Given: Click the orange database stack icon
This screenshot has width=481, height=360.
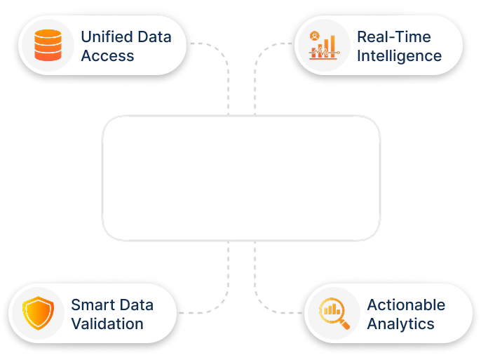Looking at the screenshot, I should point(48,46).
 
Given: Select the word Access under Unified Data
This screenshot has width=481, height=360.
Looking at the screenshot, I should point(107,55).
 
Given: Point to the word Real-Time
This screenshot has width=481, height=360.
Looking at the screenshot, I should point(393,36).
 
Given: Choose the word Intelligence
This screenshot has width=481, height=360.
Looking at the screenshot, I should point(399,55).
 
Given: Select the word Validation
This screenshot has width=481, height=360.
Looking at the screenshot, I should point(107,324).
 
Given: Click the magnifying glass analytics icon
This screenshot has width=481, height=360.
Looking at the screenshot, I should point(333,314).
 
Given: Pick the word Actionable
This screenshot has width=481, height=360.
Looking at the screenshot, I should point(406,305).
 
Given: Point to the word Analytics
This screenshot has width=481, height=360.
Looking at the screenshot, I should point(400,324).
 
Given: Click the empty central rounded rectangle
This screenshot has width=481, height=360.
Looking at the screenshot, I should point(240,179).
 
